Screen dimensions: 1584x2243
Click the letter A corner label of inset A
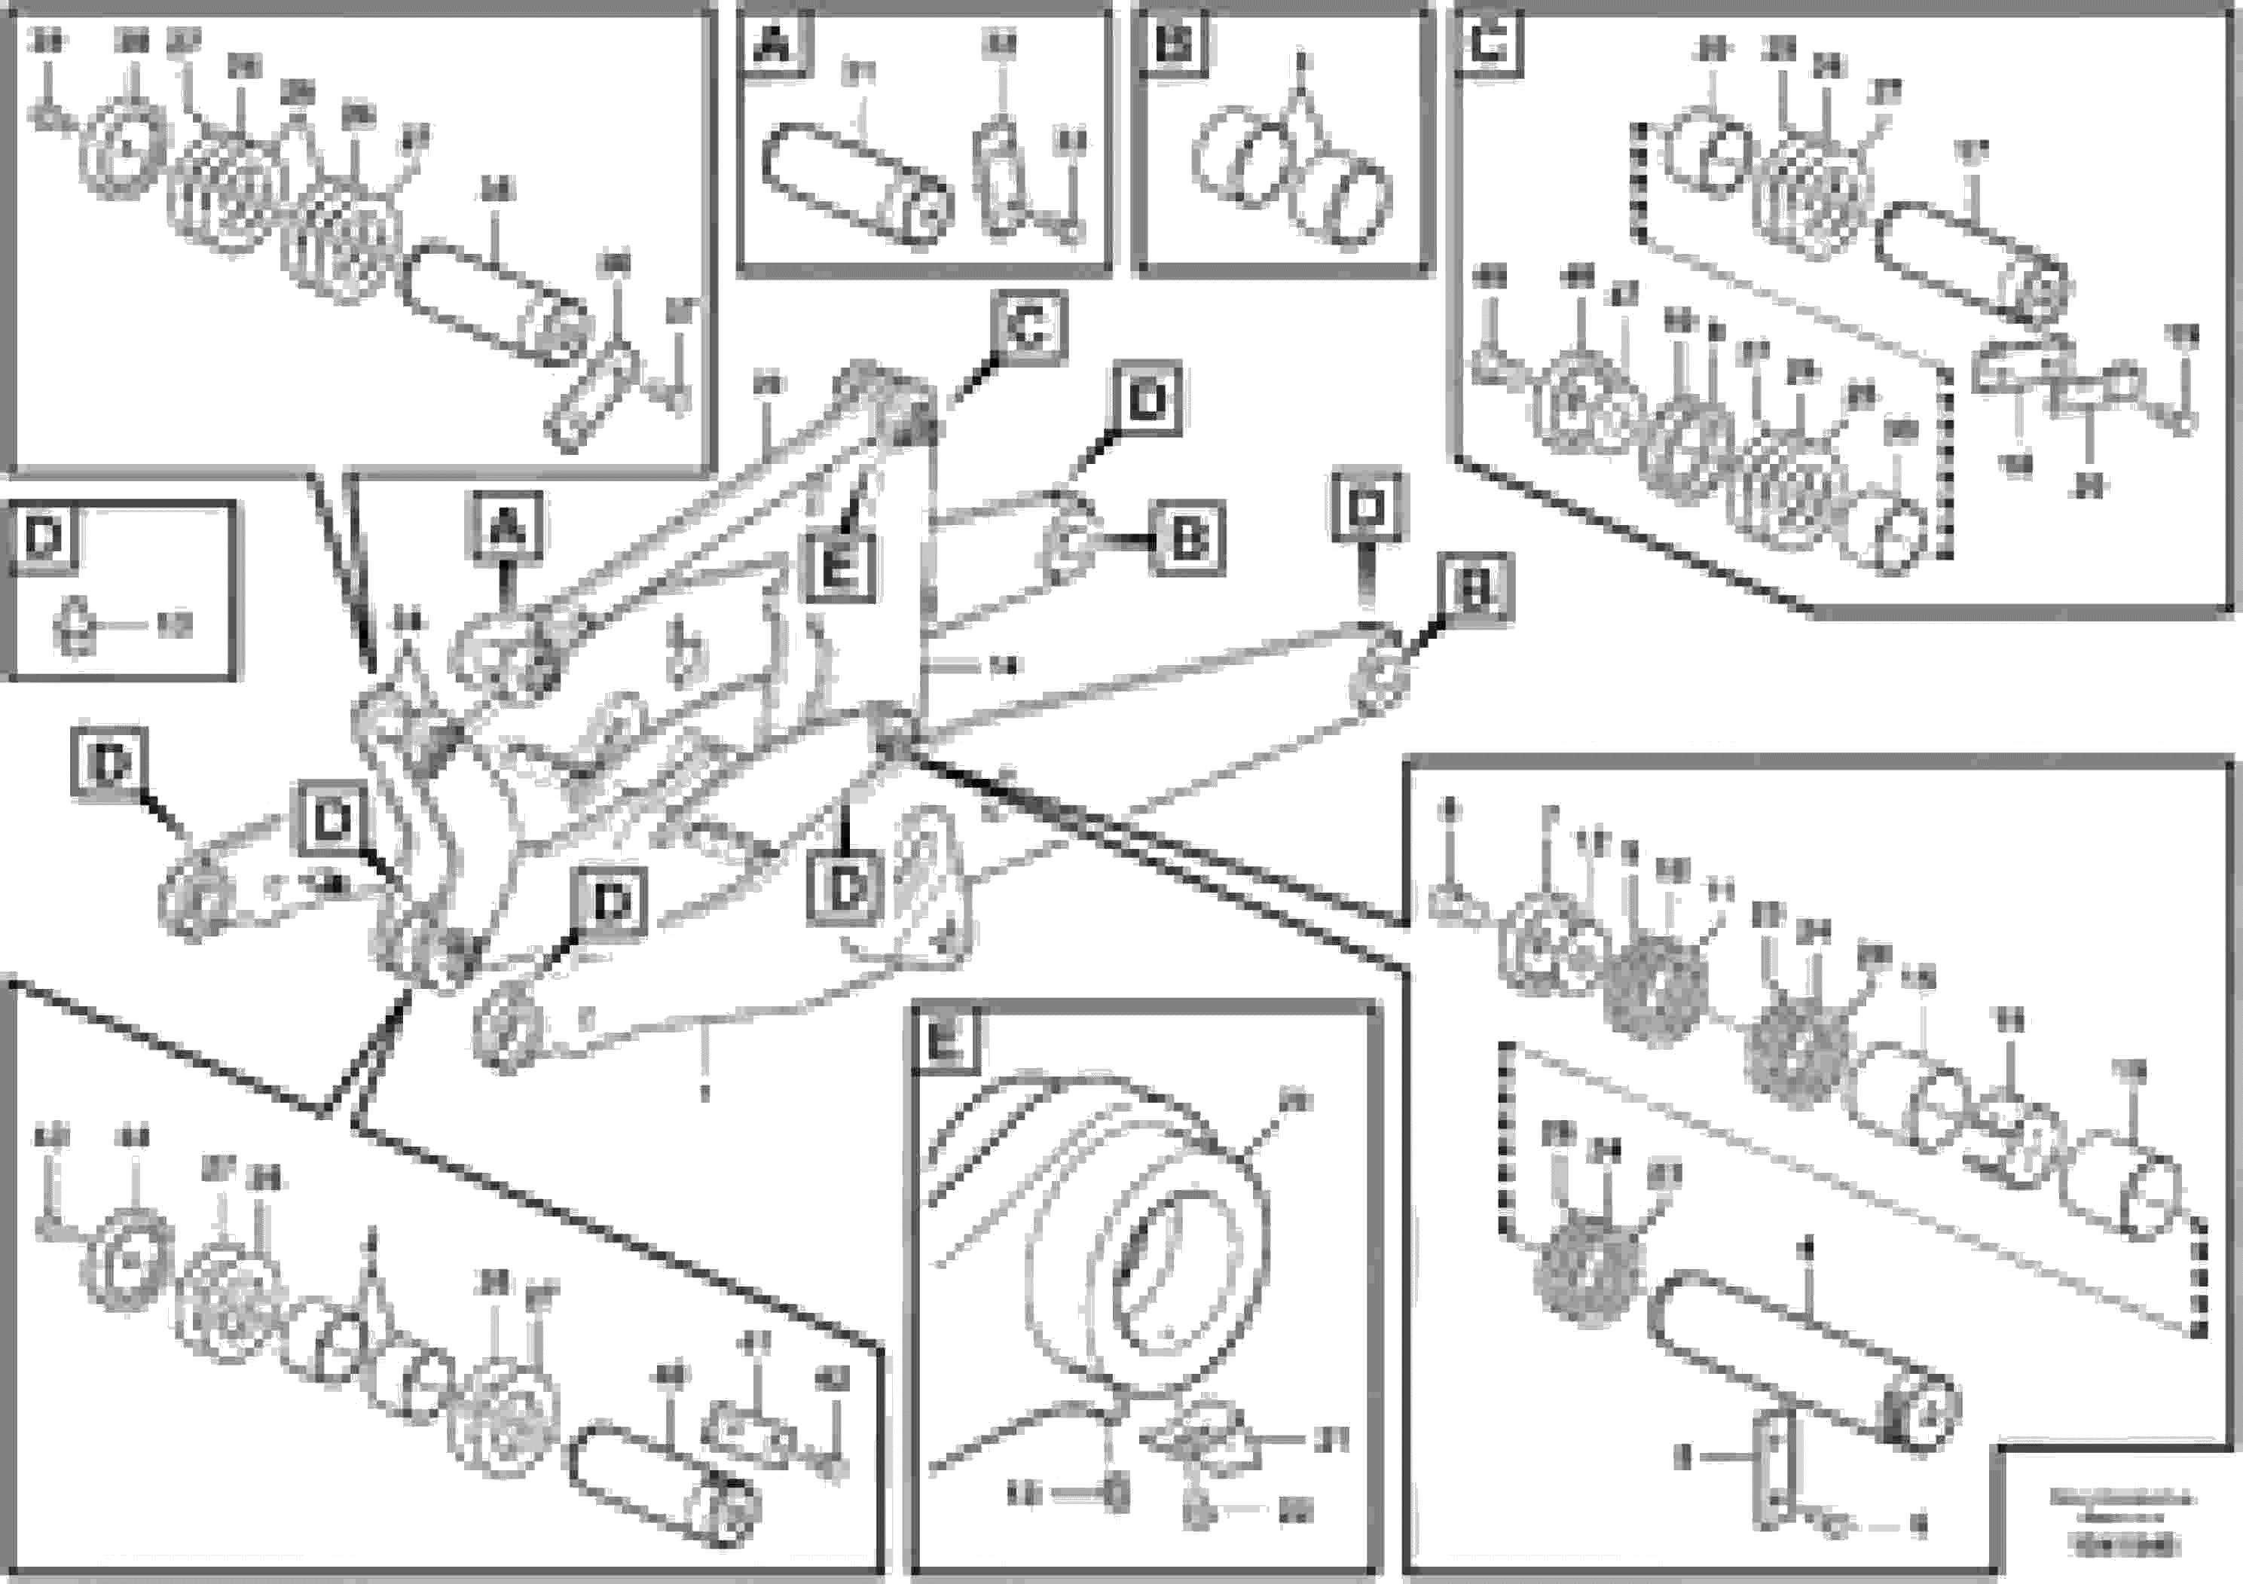coord(774,44)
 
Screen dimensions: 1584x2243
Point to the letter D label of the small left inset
coord(43,537)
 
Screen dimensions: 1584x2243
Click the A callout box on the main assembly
coord(507,528)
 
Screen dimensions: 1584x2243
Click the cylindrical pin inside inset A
coord(855,185)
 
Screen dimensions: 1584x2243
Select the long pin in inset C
coord(1973,260)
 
